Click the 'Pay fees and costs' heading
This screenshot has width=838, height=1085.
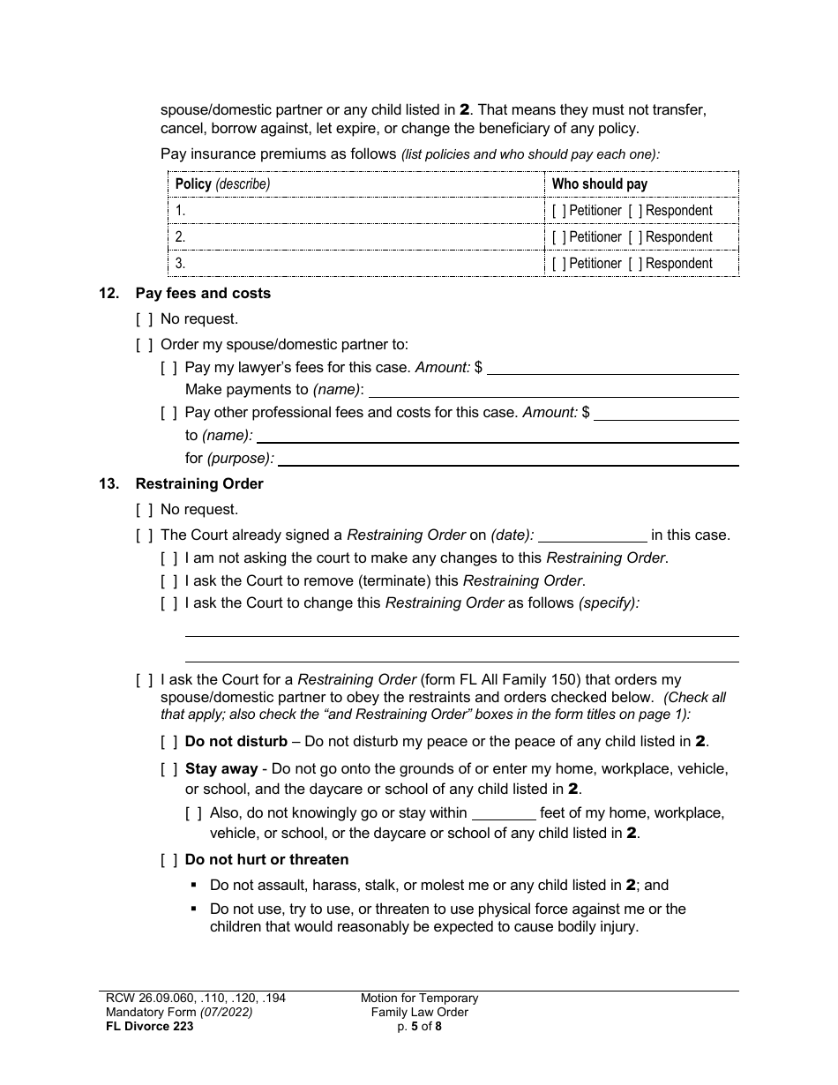click(203, 293)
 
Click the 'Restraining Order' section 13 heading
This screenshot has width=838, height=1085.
click(199, 483)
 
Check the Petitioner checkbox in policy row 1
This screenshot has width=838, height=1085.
click(558, 211)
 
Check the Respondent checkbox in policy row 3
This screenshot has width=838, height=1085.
click(635, 264)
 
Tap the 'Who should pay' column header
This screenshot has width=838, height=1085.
click(599, 184)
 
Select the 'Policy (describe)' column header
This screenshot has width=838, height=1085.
click(222, 184)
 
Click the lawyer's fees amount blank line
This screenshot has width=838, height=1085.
click(612, 368)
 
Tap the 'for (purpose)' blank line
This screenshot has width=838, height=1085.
click(508, 459)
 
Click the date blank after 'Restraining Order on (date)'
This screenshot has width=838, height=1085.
click(592, 535)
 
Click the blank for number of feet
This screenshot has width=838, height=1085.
click(504, 813)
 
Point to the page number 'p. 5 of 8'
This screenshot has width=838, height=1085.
click(419, 1026)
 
